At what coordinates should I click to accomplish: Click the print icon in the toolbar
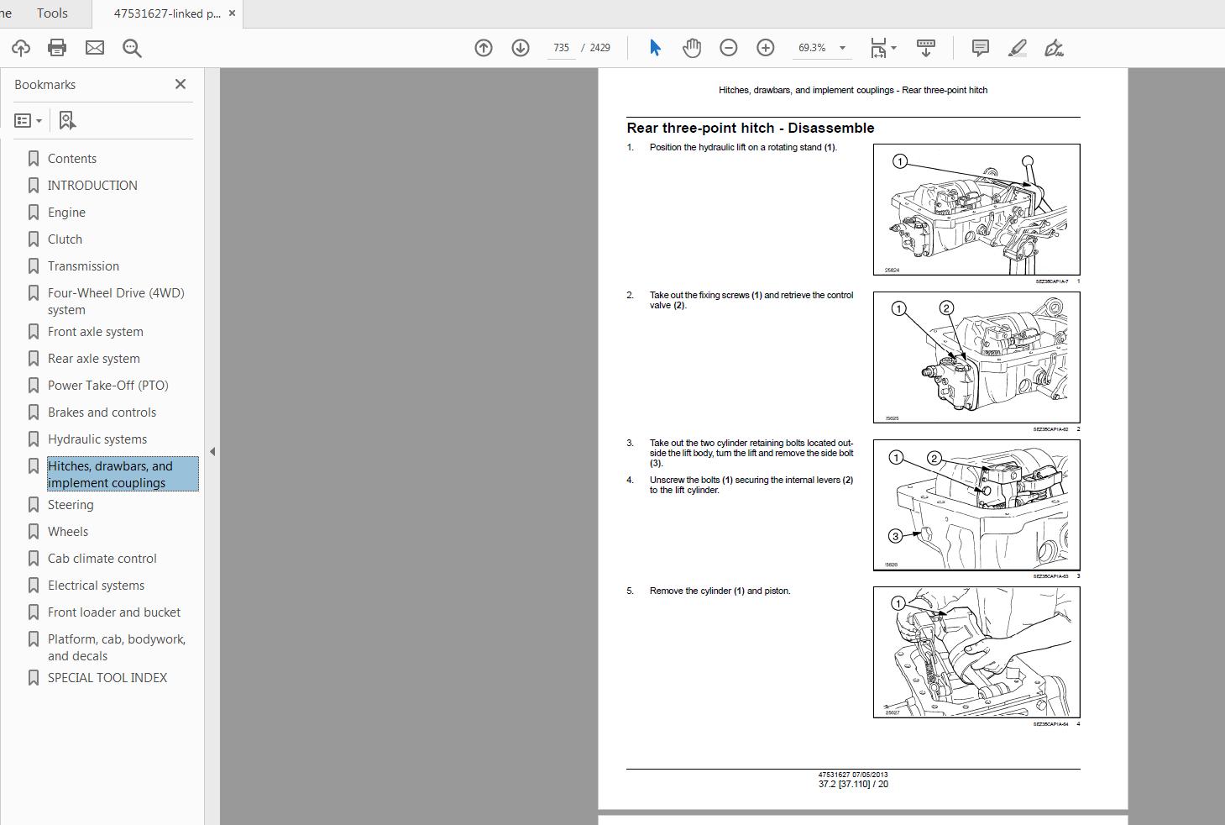(57, 48)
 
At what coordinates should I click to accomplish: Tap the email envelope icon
(95, 48)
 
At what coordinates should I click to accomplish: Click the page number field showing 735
(561, 48)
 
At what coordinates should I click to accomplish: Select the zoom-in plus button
(765, 48)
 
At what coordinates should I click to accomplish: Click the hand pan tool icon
(691, 48)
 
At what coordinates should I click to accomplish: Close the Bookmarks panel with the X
(180, 84)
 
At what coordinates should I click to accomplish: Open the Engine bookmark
(66, 213)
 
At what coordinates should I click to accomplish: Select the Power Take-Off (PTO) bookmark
(107, 386)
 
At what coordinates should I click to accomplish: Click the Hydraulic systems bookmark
(97, 439)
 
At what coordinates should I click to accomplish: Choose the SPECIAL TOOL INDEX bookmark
(107, 678)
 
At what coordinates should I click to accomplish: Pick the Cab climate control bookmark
(102, 559)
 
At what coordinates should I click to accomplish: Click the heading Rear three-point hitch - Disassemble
(750, 128)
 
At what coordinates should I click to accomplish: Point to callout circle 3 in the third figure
(895, 536)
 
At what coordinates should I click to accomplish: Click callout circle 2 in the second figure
(946, 308)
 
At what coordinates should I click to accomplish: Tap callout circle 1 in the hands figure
(898, 603)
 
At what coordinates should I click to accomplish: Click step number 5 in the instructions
(630, 591)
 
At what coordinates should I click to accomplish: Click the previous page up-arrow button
(484, 48)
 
